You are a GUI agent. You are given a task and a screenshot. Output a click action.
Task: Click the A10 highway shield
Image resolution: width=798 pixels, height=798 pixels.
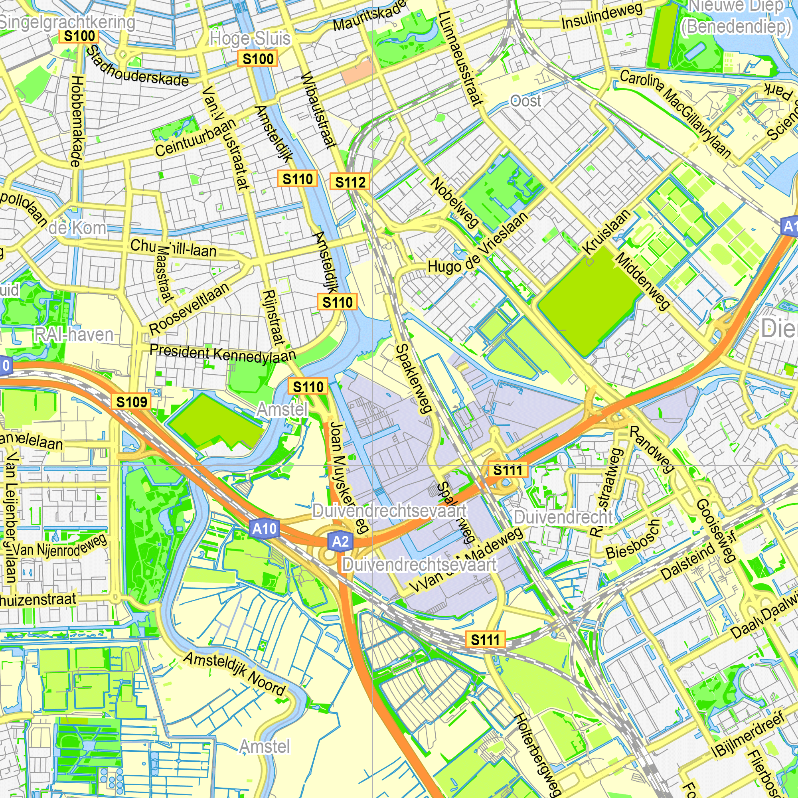coord(265,529)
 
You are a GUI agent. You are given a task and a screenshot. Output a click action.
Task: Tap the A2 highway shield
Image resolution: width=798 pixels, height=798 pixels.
coord(340,541)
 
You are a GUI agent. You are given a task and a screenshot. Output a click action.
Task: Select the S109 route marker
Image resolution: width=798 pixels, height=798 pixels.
coord(131,402)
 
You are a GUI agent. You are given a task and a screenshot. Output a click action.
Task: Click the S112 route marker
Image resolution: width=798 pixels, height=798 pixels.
coord(350,182)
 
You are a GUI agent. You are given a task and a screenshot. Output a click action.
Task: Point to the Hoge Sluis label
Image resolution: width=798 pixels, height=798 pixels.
coord(250,39)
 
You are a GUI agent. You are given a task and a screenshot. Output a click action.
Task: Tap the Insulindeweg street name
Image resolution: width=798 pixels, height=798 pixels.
coord(602,16)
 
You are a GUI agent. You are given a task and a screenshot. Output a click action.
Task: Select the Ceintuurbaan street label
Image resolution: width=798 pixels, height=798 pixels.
coord(196,137)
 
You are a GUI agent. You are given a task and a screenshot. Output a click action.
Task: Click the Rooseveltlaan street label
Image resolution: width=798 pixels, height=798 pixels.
coord(189,308)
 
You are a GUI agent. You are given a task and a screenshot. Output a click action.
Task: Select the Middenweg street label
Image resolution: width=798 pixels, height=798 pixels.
coord(643,282)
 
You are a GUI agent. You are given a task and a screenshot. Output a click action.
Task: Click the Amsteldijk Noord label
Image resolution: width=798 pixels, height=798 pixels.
coord(234,674)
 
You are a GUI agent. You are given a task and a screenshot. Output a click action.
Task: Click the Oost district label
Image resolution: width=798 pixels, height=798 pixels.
coord(525,101)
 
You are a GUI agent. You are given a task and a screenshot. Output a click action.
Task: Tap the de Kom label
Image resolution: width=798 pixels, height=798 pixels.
coord(77,227)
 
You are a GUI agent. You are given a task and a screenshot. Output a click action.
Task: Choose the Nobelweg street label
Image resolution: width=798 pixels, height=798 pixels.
coord(455,203)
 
